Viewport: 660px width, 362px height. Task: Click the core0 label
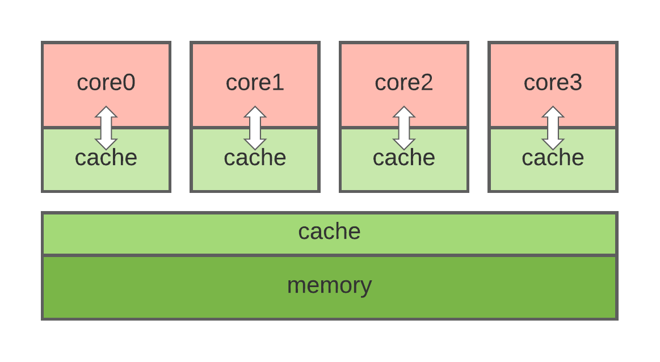[x=106, y=83]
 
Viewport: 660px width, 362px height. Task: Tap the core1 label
[x=255, y=83]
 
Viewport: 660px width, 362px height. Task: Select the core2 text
[x=403, y=83]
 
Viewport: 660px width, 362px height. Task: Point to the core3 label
[x=553, y=83]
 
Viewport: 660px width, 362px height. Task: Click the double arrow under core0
[x=106, y=128]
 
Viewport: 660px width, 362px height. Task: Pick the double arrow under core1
[x=255, y=128]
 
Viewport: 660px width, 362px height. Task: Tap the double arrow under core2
[x=404, y=128]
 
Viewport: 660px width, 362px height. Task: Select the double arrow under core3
[x=553, y=128]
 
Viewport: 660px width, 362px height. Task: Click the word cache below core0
[x=106, y=158]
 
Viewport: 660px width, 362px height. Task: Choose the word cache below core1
[x=255, y=158]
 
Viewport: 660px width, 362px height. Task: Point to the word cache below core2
[x=403, y=158]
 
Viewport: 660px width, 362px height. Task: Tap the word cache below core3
[x=553, y=158]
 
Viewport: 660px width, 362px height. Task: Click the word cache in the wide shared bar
[x=329, y=231]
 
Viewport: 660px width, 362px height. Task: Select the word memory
[x=329, y=285]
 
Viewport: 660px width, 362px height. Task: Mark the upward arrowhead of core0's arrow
[x=106, y=112]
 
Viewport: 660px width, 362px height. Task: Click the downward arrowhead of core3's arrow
[x=553, y=144]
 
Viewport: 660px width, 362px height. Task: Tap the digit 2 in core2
[x=426, y=83]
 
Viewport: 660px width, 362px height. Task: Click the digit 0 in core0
[x=128, y=83]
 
